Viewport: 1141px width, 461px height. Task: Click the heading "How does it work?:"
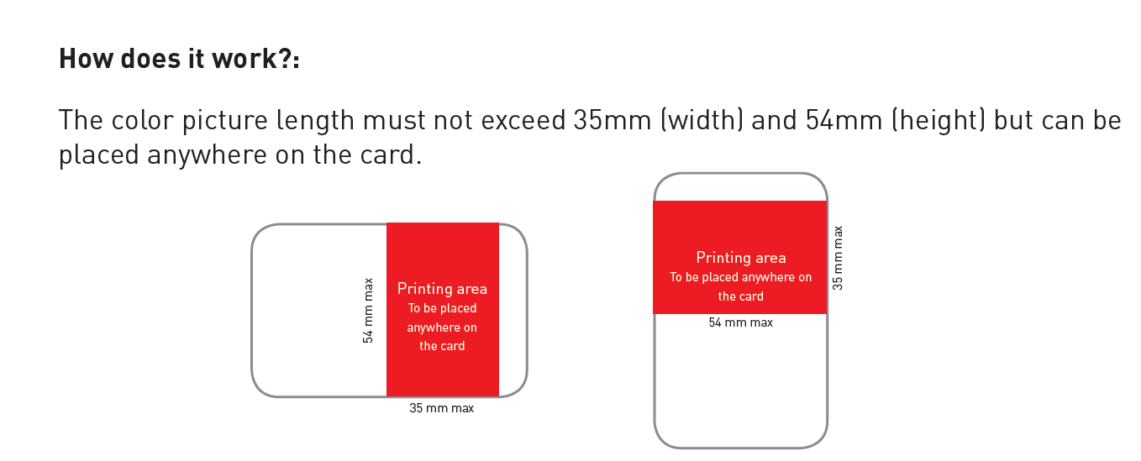tap(179, 60)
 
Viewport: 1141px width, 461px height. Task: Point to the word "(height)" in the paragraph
tap(938, 121)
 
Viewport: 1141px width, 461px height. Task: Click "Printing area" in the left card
tap(442, 289)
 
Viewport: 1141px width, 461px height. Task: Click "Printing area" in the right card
tap(740, 258)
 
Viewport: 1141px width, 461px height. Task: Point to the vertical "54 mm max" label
tap(368, 311)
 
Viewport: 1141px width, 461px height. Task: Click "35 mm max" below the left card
tap(441, 408)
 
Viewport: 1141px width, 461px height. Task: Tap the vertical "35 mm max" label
tap(838, 258)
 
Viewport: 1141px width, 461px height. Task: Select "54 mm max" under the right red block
tap(740, 322)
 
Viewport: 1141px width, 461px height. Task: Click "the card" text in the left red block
tap(442, 346)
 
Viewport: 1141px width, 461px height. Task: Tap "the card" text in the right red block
tap(740, 296)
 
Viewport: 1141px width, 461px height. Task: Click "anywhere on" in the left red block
tap(442, 327)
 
